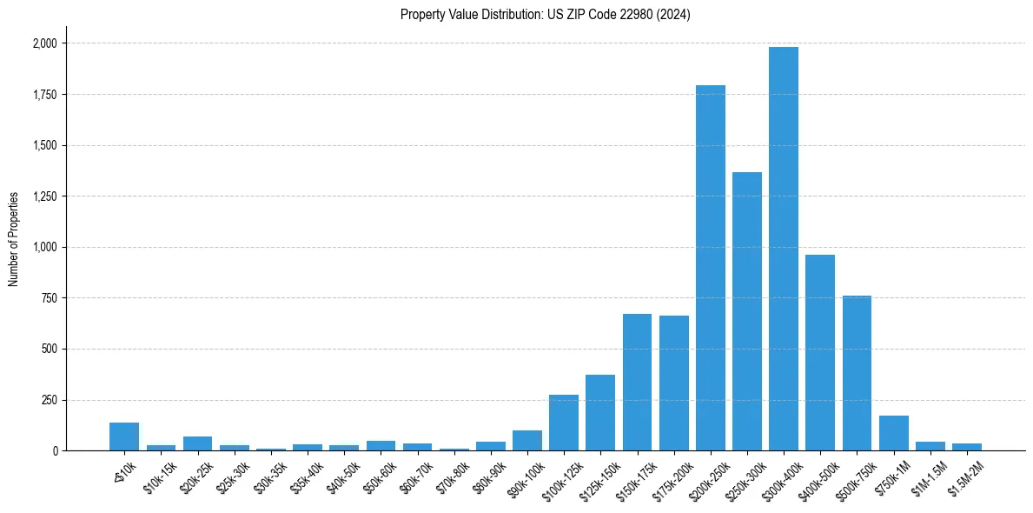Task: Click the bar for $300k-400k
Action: (784, 249)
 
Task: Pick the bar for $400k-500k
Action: (820, 352)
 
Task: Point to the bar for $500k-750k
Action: (857, 373)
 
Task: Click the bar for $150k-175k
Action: (637, 383)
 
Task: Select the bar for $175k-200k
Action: (673, 383)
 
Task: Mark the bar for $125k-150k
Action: (600, 413)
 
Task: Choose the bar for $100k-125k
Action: (564, 423)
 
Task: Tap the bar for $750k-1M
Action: (893, 433)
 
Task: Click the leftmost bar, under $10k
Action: (124, 436)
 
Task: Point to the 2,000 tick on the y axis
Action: (44, 43)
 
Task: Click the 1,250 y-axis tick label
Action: (44, 197)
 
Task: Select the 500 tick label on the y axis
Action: (50, 350)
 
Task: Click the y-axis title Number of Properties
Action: (14, 238)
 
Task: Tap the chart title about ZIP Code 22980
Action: (546, 15)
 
